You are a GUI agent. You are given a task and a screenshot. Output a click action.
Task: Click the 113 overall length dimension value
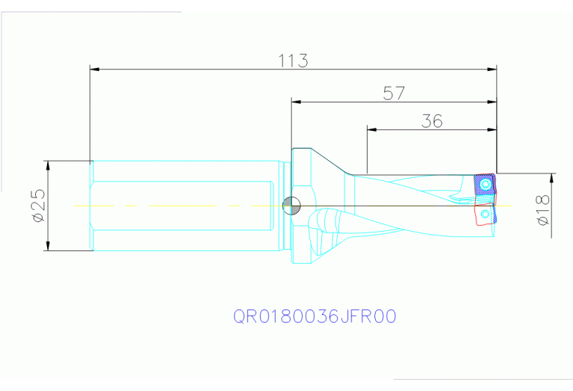tap(293, 61)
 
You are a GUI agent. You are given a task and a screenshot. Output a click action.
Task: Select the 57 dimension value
tap(394, 93)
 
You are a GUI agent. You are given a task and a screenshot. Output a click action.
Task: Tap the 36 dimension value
tap(432, 120)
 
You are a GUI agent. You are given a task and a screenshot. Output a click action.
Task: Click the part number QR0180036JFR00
tap(315, 317)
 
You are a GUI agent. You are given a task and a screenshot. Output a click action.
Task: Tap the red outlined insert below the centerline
tap(485, 215)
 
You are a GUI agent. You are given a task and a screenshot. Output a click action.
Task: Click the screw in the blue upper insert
tap(488, 182)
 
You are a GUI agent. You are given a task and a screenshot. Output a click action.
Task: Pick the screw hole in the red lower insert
tap(486, 215)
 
